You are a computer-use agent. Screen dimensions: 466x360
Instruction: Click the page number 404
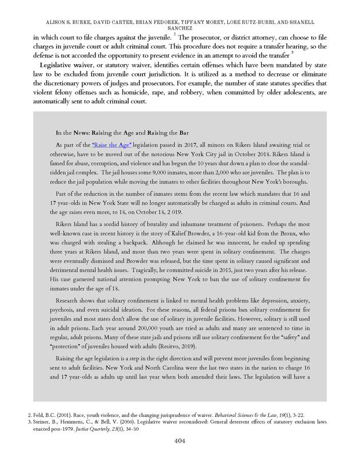[x=179, y=441]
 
